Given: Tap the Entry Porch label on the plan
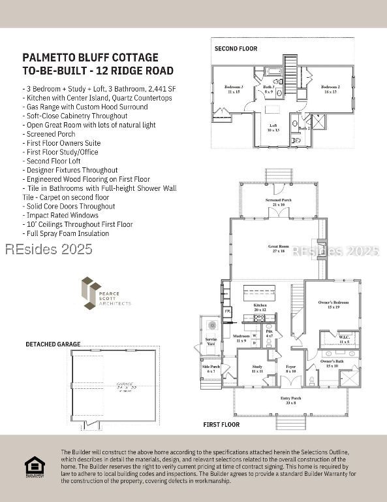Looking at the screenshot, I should click(x=290, y=400).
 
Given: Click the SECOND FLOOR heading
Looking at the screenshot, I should click(x=236, y=48).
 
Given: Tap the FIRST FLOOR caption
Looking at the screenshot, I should click(x=221, y=425).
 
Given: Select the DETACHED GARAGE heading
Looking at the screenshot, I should click(x=53, y=344).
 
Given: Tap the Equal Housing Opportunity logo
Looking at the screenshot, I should click(x=35, y=467).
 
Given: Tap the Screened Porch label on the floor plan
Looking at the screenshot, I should click(x=279, y=201).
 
